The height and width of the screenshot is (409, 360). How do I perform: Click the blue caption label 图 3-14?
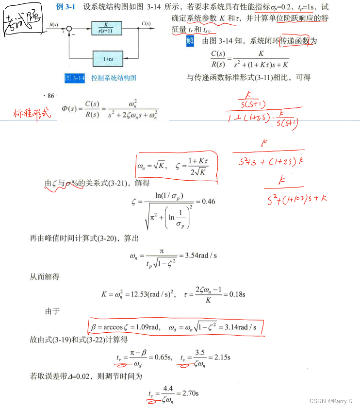[75, 78]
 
